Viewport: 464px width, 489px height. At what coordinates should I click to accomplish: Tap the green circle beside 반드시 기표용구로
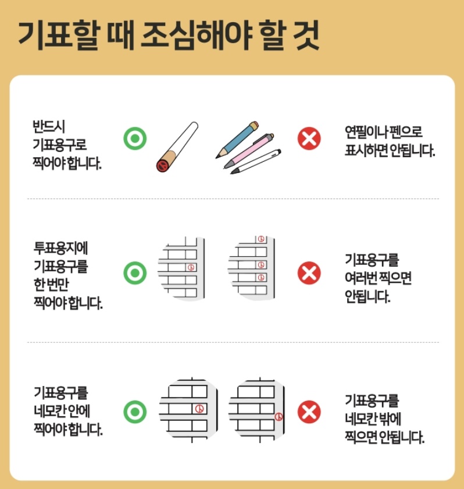click(135, 139)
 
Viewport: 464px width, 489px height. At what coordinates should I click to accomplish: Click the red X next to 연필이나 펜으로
click(309, 139)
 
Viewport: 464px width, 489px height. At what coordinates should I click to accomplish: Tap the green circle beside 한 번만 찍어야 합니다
click(135, 272)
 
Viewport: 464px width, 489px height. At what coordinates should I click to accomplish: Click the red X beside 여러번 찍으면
click(309, 272)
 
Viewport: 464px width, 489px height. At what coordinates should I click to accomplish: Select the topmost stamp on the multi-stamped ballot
click(261, 239)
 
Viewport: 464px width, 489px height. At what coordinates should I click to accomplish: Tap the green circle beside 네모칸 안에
click(135, 412)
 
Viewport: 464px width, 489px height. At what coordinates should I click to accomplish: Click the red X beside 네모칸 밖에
click(309, 412)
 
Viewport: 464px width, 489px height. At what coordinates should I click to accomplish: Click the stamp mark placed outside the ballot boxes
click(279, 417)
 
